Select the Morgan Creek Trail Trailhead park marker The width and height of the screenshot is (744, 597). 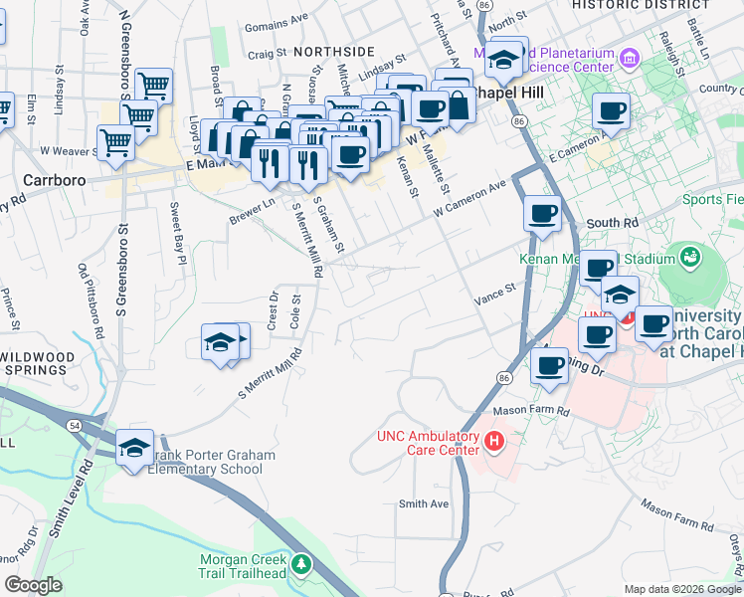pos(301,565)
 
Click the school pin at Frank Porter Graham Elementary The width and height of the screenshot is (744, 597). pos(134,448)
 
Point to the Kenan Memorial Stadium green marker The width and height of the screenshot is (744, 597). pos(689,259)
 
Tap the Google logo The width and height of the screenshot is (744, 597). pos(34,585)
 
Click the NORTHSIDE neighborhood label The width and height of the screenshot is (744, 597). pos(333,51)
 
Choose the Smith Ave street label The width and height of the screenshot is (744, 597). pos(424,503)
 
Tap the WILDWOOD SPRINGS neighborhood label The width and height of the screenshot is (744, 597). pos(37,364)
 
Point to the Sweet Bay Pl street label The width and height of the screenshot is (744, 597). pos(176,235)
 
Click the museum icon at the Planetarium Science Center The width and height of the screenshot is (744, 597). pos(629,59)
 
